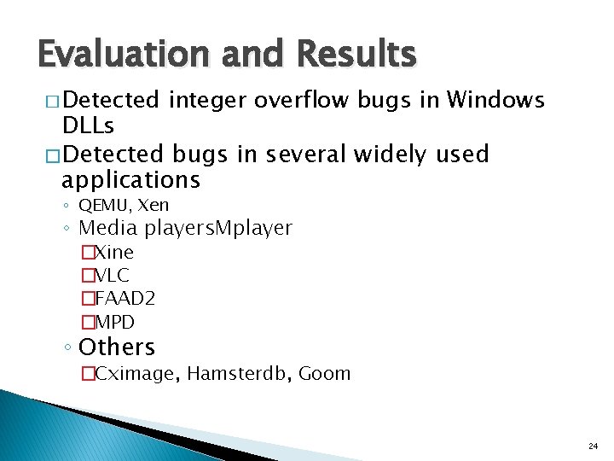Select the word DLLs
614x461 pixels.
click(x=89, y=126)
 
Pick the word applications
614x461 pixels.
click(x=131, y=180)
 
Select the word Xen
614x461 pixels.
click(x=153, y=205)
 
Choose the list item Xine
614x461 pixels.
click(x=113, y=253)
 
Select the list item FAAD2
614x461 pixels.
click(x=124, y=299)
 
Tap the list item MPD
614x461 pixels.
click(x=114, y=323)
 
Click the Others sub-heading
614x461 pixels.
click(x=117, y=347)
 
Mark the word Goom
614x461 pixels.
click(x=325, y=373)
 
